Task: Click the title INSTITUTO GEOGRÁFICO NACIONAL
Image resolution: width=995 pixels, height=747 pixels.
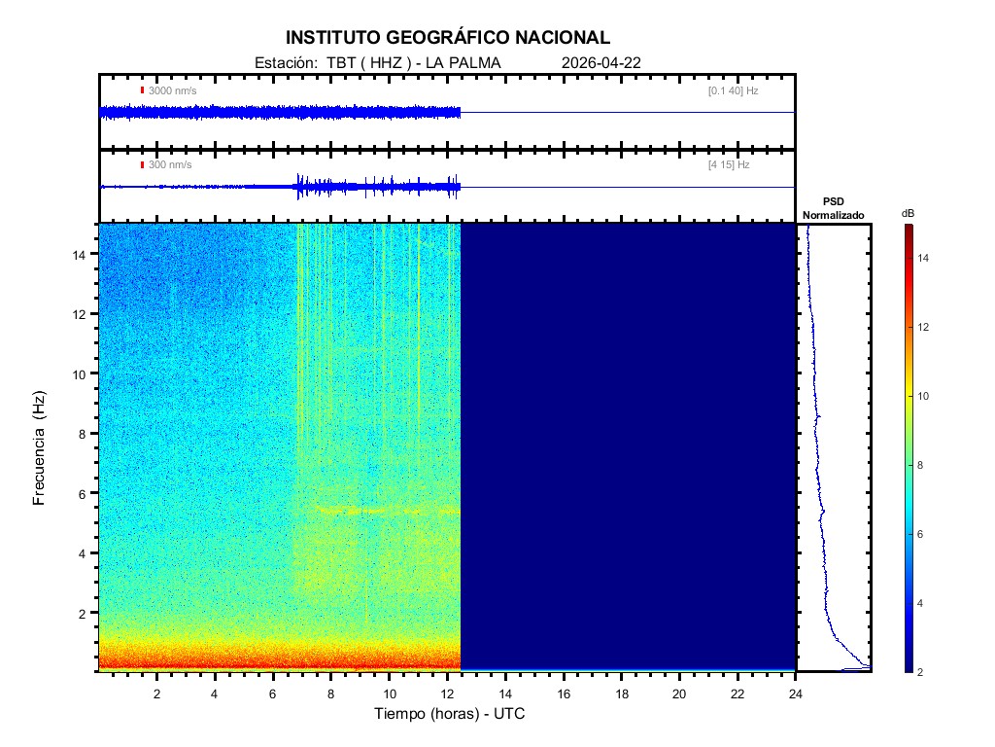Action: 448,38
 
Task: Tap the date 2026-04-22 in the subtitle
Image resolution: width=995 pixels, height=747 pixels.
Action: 600,63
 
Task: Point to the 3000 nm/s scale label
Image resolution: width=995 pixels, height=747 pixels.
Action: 172,90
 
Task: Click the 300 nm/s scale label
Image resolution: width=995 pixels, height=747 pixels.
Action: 170,165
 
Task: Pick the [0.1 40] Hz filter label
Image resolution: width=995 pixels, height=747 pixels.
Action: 733,90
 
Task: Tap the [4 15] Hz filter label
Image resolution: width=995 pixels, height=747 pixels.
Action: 729,165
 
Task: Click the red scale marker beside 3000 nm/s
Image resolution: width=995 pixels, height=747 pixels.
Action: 142,90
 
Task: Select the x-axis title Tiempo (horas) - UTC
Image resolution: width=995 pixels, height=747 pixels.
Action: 450,713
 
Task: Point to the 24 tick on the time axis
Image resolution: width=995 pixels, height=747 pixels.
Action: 796,693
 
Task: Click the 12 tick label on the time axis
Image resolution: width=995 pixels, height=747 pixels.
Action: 447,693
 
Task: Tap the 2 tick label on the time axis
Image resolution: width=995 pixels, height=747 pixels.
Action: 156,693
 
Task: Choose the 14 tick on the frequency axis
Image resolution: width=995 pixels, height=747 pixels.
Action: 82,254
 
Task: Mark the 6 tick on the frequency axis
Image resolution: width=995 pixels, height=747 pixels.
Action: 86,493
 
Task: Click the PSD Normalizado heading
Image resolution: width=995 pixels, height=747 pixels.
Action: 833,208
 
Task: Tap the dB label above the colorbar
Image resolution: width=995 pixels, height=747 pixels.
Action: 908,213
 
